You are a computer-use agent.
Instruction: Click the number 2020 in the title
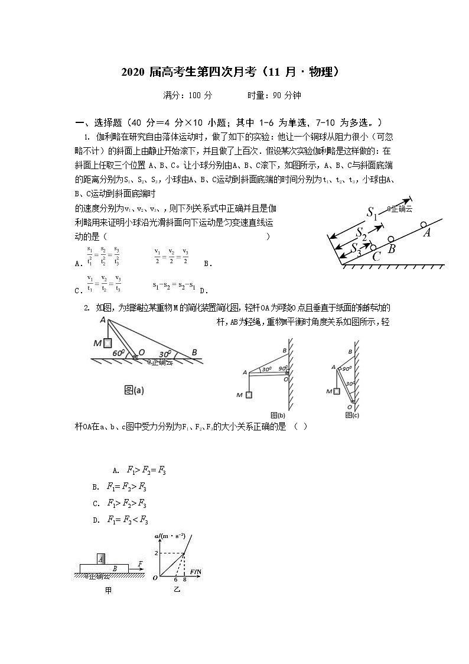[x=133, y=72]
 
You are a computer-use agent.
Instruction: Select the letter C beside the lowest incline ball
[x=376, y=257]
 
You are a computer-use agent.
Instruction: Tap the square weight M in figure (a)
[x=108, y=342]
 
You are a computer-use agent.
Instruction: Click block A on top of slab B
[x=102, y=558]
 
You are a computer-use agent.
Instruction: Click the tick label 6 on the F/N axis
[x=175, y=580]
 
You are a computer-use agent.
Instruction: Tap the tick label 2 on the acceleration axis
[x=157, y=552]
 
